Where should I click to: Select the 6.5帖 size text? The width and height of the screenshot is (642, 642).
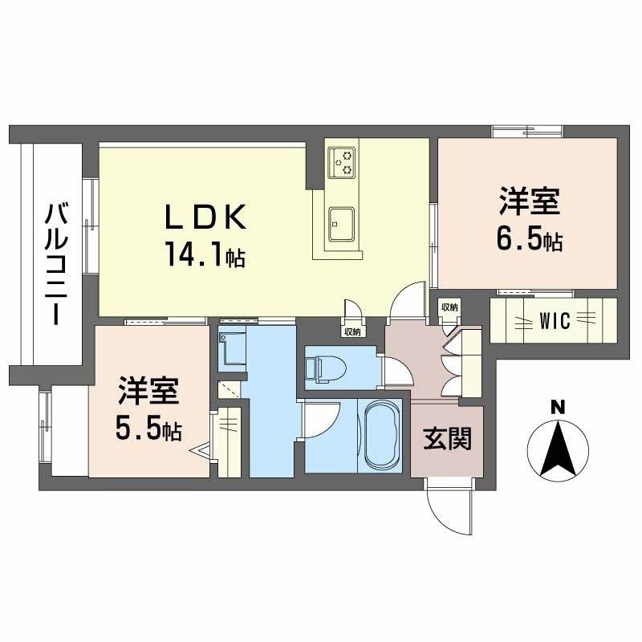point(527,238)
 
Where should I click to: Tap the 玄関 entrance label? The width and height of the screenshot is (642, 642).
point(447,439)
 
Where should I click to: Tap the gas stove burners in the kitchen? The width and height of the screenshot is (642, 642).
point(344,162)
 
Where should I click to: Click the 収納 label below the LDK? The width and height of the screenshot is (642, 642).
point(351,331)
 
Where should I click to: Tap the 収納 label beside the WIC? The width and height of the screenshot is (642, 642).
point(449,307)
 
